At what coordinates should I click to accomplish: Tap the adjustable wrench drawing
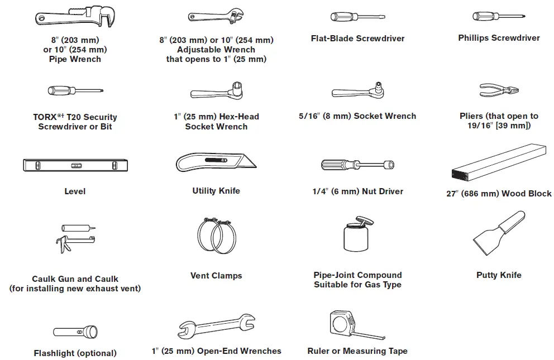(x=216, y=16)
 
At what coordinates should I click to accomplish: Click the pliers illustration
(x=499, y=90)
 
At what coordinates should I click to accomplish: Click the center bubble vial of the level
(x=77, y=165)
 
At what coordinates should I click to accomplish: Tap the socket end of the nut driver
(x=389, y=165)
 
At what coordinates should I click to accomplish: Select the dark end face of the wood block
(x=460, y=175)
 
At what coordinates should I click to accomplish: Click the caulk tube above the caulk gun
(x=78, y=228)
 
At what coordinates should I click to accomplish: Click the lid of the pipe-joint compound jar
(x=365, y=222)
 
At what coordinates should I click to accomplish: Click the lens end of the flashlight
(x=92, y=332)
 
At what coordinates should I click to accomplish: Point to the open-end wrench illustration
(x=216, y=326)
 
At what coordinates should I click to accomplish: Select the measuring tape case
(x=342, y=321)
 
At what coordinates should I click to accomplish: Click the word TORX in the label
(x=45, y=117)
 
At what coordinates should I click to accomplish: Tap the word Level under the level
(x=75, y=191)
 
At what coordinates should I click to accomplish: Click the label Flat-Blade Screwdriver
(x=357, y=39)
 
